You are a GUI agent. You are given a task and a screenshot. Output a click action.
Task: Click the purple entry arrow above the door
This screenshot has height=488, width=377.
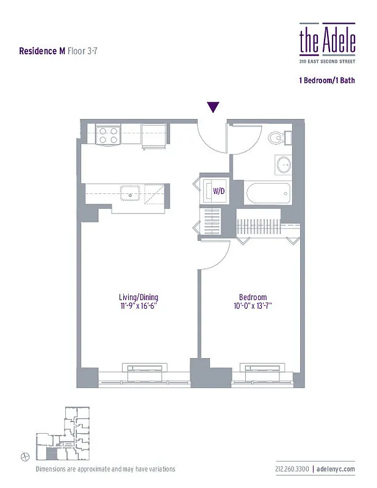tap(213, 107)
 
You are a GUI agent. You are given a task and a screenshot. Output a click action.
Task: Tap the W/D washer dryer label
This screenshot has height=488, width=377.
tap(218, 191)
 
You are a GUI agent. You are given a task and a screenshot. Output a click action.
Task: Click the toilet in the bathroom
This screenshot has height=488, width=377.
tap(278, 137)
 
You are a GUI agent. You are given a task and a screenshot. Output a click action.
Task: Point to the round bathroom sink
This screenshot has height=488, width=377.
tap(284, 163)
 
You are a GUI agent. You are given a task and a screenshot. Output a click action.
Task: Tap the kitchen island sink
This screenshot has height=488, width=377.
tap(131, 195)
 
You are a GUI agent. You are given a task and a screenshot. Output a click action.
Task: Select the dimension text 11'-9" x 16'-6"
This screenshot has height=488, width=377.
tap(138, 306)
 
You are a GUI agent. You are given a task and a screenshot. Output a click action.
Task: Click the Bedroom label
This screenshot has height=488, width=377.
tap(253, 298)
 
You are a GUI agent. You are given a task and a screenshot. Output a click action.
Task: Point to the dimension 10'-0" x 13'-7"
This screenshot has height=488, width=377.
tap(253, 306)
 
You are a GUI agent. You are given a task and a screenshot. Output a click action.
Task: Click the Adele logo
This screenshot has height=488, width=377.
tap(327, 40)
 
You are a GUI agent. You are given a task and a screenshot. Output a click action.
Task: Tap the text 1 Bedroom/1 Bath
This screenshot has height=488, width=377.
tap(326, 80)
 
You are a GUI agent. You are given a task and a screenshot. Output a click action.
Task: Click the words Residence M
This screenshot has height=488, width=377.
tap(42, 51)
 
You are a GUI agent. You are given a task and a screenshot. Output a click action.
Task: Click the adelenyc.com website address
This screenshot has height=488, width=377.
tap(336, 469)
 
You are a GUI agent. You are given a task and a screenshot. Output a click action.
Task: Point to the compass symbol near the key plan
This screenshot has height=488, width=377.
tap(24, 456)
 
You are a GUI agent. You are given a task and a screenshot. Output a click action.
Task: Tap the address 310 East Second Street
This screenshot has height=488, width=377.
tap(327, 61)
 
